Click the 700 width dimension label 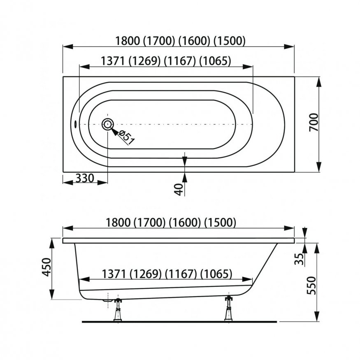314,122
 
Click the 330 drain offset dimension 85,178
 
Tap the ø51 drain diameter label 127,137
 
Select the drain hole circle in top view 107,124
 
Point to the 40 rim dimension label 179,189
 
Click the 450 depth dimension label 46,267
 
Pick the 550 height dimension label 311,286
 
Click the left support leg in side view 118,309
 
